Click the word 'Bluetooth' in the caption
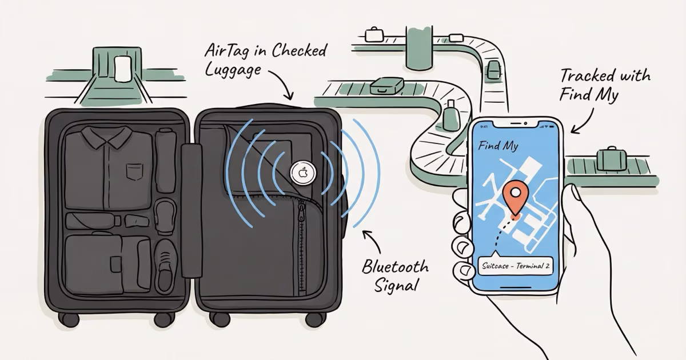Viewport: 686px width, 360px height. click(395, 267)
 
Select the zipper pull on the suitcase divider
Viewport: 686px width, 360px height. click(301, 215)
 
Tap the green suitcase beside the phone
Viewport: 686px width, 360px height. click(610, 158)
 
